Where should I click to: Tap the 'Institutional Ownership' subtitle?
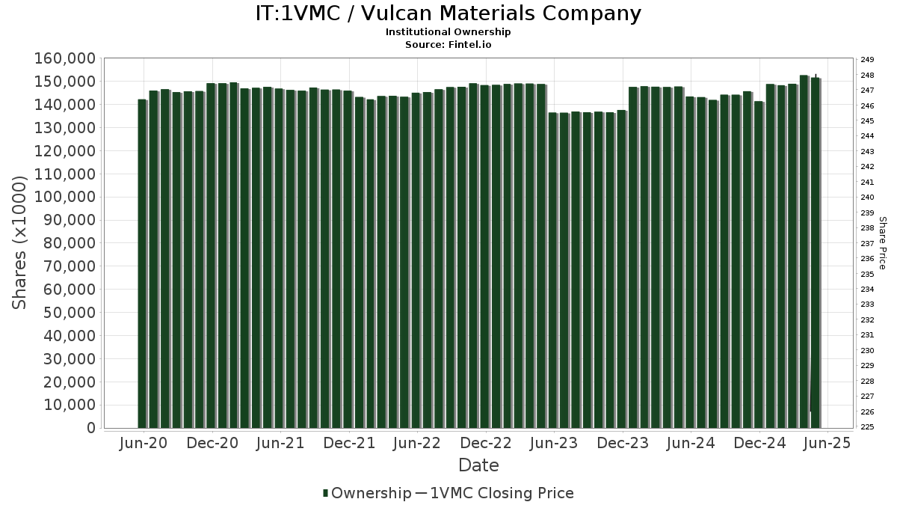(448, 32)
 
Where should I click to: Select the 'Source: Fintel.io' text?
(448, 45)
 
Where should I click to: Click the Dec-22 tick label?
(486, 443)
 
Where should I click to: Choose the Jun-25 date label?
(827, 443)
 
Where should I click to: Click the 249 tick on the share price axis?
(867, 60)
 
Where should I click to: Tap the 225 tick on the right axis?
(867, 427)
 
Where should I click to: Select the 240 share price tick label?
(867, 198)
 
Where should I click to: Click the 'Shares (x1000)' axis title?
(20, 242)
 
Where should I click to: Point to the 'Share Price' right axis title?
(882, 242)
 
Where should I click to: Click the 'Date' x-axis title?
(478, 465)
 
